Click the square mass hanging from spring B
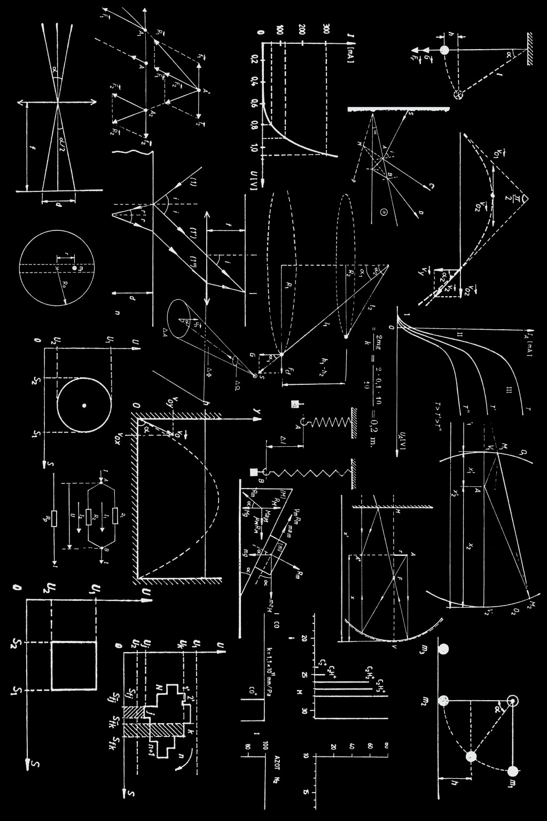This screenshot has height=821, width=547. (x=254, y=472)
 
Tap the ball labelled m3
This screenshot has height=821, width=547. (x=443, y=649)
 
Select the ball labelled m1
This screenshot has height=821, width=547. (x=513, y=771)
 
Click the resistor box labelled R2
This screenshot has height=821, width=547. (x=89, y=517)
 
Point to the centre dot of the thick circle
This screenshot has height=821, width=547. (x=84, y=406)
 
